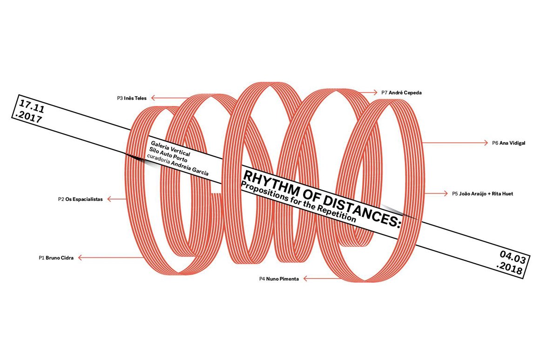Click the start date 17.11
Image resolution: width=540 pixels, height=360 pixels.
click(x=30, y=105)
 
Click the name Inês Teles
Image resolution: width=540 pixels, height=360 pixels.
click(x=135, y=98)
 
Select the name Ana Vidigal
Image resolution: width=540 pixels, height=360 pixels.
click(x=512, y=143)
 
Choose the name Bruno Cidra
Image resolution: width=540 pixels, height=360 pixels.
click(x=60, y=257)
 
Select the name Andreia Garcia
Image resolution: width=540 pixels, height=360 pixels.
click(x=190, y=167)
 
